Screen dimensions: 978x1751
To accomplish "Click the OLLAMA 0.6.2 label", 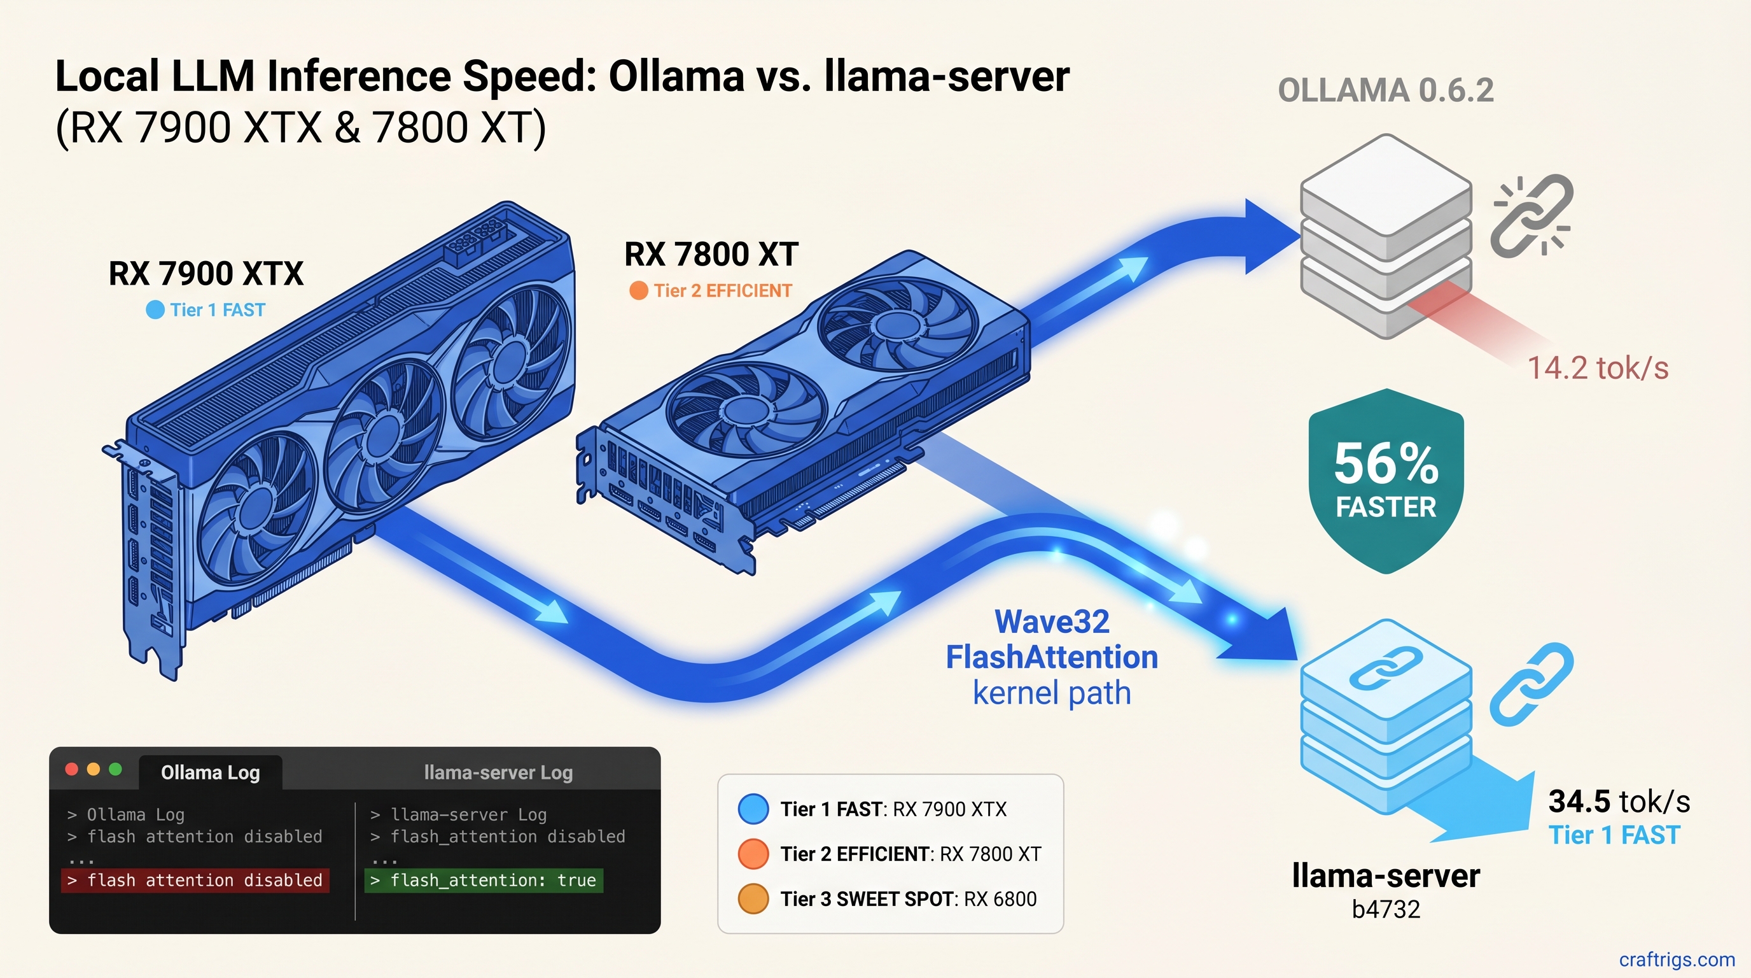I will click(1385, 90).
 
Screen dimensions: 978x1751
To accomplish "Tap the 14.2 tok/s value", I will click(1598, 368).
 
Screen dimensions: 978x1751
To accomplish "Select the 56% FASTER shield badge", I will click(1385, 479).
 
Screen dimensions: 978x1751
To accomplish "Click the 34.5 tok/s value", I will click(1619, 801).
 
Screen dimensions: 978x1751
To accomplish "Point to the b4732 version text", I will click(1385, 909).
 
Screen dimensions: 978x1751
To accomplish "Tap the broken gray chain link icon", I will click(1531, 216).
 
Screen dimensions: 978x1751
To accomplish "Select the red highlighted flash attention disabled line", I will click(196, 880).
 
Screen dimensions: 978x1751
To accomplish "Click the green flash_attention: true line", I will click(484, 880).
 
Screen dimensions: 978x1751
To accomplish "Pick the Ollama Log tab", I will click(210, 772).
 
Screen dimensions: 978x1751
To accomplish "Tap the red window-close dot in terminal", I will click(71, 769).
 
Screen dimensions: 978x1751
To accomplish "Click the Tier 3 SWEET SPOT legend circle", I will click(753, 898).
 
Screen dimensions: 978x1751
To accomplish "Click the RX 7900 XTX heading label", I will click(206, 273).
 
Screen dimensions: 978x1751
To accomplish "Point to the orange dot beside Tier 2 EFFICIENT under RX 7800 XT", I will click(638, 290).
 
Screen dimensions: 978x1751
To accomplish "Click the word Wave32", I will click(1052, 621).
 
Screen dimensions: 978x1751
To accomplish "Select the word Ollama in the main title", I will click(676, 76).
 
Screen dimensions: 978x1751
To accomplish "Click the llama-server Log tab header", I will click(498, 772).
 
